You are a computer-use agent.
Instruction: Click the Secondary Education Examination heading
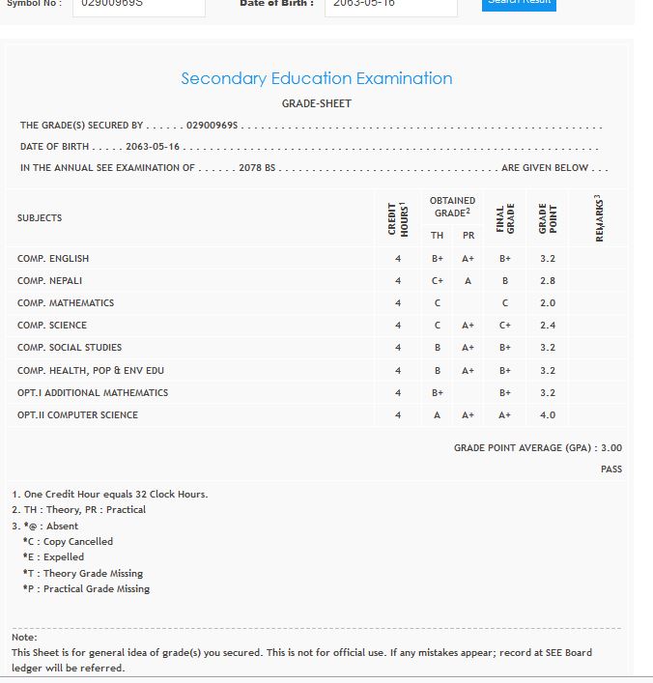(x=316, y=79)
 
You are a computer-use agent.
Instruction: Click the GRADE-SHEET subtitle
(x=316, y=103)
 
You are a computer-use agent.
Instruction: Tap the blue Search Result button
(x=519, y=4)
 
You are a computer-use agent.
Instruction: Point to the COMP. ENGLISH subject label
(x=53, y=259)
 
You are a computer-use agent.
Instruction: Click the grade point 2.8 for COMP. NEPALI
(x=548, y=281)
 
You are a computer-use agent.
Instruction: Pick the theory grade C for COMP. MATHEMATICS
(x=438, y=303)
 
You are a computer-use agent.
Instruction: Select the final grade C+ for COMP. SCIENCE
(x=504, y=326)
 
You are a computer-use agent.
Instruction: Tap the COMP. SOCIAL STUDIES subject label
(x=70, y=348)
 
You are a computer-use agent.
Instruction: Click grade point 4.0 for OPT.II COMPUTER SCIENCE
(x=548, y=415)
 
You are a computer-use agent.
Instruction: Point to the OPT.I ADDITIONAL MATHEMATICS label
(x=93, y=393)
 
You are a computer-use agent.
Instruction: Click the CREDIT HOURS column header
(x=398, y=218)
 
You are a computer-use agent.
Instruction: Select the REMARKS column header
(x=599, y=218)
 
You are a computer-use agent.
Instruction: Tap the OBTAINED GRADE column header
(x=452, y=207)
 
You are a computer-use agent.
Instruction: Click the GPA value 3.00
(x=611, y=448)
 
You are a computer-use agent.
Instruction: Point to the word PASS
(x=611, y=470)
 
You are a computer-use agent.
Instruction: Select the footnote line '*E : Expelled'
(x=53, y=557)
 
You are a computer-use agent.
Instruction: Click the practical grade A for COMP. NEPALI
(x=468, y=281)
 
